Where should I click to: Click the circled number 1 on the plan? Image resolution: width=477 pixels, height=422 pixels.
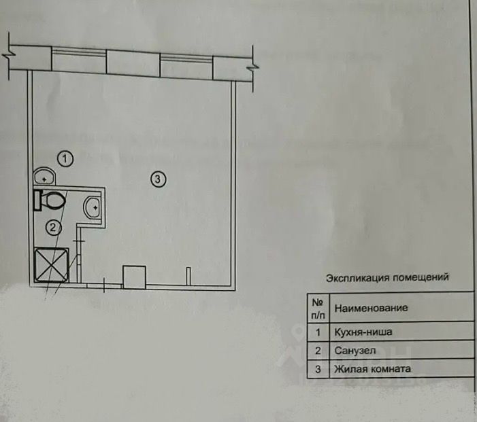[x=65, y=159]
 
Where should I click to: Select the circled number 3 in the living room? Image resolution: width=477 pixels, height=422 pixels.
[x=157, y=179]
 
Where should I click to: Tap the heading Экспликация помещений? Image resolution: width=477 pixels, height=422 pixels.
[x=387, y=277]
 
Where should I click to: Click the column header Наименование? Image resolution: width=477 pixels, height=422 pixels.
[x=371, y=308]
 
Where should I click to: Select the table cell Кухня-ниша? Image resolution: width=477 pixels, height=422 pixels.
[x=363, y=332]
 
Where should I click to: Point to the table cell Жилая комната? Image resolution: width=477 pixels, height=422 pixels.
[x=372, y=370]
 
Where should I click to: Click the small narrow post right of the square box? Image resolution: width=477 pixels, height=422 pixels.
[x=187, y=275]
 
